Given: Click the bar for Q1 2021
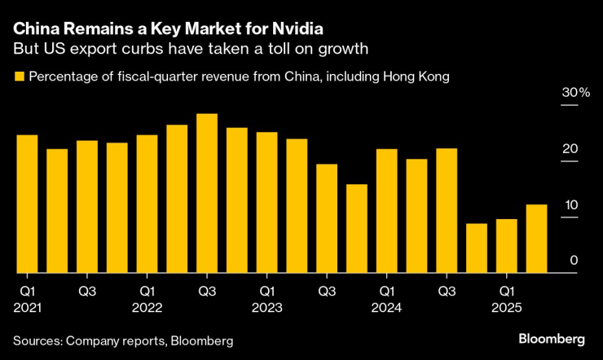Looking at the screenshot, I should coord(27,204).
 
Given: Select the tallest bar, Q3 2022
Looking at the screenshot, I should coord(207,193).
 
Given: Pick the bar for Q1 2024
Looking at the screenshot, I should coord(387,211).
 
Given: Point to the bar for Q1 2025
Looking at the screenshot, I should coord(507,246).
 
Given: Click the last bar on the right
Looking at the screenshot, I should coord(537,239).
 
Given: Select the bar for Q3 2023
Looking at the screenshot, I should coord(327,218).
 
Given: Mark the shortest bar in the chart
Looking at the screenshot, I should coord(477,248).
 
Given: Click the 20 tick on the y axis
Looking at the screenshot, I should coord(570,149).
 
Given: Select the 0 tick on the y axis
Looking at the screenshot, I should coord(574,260).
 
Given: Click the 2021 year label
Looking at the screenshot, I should coord(27,308).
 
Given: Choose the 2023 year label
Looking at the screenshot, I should coord(267,308).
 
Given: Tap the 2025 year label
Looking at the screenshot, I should coord(507,308).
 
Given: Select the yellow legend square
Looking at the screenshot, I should coord(18,77).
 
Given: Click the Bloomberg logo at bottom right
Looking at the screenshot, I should coord(553,338).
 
